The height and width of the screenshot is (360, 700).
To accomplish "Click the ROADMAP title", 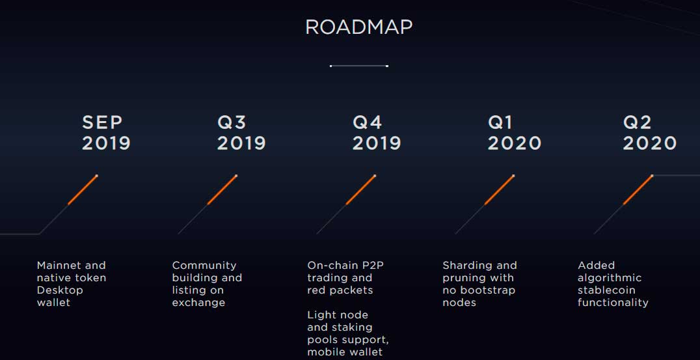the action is [x=358, y=27].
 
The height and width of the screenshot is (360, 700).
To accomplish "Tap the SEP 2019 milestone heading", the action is [x=106, y=133].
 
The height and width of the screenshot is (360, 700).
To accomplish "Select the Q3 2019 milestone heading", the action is [x=241, y=133].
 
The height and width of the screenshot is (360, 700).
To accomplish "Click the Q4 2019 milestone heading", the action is [x=376, y=133].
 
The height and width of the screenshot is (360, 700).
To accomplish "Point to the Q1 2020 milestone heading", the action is [x=515, y=133].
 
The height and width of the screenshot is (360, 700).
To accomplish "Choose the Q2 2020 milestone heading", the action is [x=649, y=133].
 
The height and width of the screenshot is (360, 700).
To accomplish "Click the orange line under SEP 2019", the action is [x=83, y=190].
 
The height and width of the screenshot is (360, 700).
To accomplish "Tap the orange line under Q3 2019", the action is [x=222, y=190].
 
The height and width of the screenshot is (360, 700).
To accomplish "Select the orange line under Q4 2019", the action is [x=360, y=190].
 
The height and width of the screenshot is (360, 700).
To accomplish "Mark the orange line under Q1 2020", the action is [x=500, y=190].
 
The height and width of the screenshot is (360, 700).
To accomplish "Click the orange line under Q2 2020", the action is [x=638, y=190].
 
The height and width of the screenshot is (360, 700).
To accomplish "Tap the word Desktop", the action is [x=60, y=291].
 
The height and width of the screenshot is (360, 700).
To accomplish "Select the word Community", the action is [x=204, y=266].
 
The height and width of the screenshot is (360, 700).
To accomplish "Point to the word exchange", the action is [x=198, y=303].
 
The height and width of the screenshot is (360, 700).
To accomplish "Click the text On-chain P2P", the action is [x=345, y=266].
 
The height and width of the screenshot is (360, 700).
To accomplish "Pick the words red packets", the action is [x=340, y=291].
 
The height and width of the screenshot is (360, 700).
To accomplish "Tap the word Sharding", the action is [x=468, y=266].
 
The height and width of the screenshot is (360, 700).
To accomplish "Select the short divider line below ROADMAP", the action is [x=359, y=66].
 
